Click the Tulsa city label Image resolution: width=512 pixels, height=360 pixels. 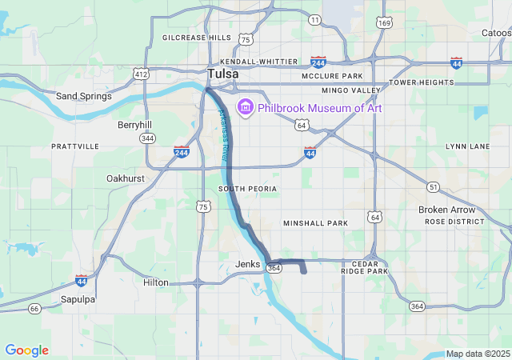223,74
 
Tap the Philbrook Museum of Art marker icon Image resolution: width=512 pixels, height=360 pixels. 245,107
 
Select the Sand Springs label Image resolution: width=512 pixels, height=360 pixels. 83,96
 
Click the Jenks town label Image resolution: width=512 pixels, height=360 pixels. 248,263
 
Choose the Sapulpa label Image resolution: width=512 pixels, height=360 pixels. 78,299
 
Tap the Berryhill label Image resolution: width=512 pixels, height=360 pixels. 134,125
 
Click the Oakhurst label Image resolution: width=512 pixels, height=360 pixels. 125,178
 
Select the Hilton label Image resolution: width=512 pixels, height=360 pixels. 156,282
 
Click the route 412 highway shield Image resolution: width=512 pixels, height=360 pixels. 142,74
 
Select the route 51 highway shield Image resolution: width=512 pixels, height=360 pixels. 433,186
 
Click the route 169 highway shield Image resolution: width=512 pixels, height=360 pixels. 385,22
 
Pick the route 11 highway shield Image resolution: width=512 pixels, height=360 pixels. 315,19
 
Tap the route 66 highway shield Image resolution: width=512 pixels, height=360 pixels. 34,308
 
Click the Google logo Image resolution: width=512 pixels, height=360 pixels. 26,350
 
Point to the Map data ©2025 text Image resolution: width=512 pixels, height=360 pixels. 478,354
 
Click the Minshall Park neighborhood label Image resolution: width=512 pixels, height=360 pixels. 315,222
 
